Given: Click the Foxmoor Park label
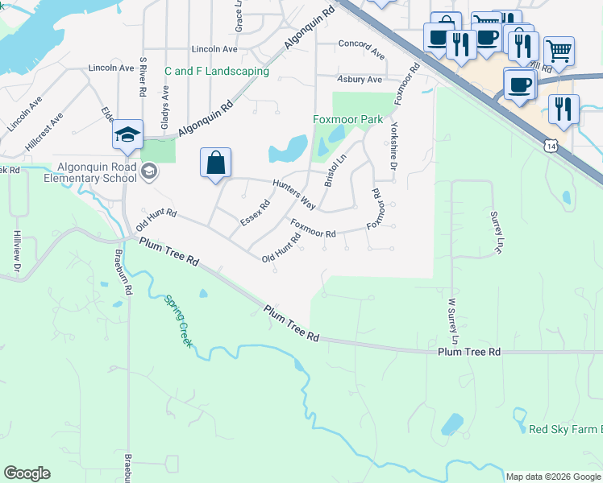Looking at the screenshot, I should click(348, 119).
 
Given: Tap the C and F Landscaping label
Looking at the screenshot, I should click(217, 71).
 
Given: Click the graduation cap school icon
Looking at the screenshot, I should click(127, 135).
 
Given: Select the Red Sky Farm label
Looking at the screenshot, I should click(564, 429).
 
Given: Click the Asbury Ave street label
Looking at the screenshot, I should click(360, 80).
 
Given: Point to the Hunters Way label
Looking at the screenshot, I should click(293, 194).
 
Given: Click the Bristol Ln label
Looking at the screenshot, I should click(335, 171).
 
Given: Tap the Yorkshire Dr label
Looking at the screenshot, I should click(393, 145).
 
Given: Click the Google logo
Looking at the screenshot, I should click(27, 473).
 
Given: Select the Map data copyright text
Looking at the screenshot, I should click(553, 477).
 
